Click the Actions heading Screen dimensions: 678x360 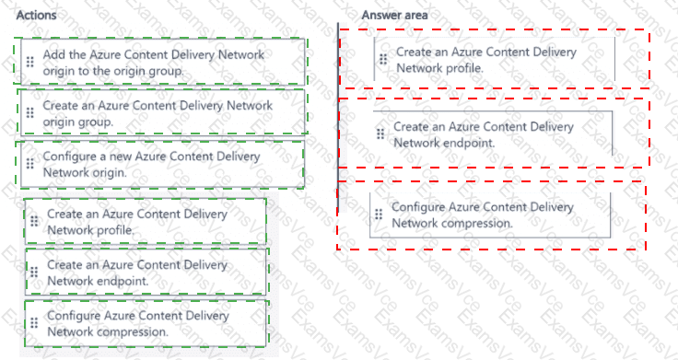click(x=36, y=15)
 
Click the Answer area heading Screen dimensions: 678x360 click(x=394, y=15)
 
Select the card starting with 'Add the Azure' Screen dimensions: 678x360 click(x=162, y=62)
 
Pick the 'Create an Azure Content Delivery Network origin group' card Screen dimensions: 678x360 click(x=162, y=113)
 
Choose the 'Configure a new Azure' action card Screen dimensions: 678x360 click(x=162, y=164)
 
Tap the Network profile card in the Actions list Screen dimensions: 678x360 click(x=146, y=221)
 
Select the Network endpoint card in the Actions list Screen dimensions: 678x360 click(x=146, y=273)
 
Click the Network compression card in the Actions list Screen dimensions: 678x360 click(x=146, y=323)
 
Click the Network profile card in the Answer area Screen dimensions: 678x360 click(x=495, y=59)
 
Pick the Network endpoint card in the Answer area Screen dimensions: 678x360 click(x=493, y=134)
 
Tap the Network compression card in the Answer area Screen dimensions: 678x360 click(x=490, y=215)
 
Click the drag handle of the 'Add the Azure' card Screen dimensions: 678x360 click(x=29, y=62)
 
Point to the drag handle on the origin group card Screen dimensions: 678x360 click(x=29, y=113)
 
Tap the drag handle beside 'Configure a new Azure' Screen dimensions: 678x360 click(x=29, y=164)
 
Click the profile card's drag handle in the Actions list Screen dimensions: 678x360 click(x=34, y=221)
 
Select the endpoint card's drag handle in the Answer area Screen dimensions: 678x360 click(x=380, y=134)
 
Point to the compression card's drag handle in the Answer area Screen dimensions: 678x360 click(x=379, y=215)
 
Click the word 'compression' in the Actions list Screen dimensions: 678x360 click(x=132, y=331)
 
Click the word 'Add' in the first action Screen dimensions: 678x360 click(x=53, y=54)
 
